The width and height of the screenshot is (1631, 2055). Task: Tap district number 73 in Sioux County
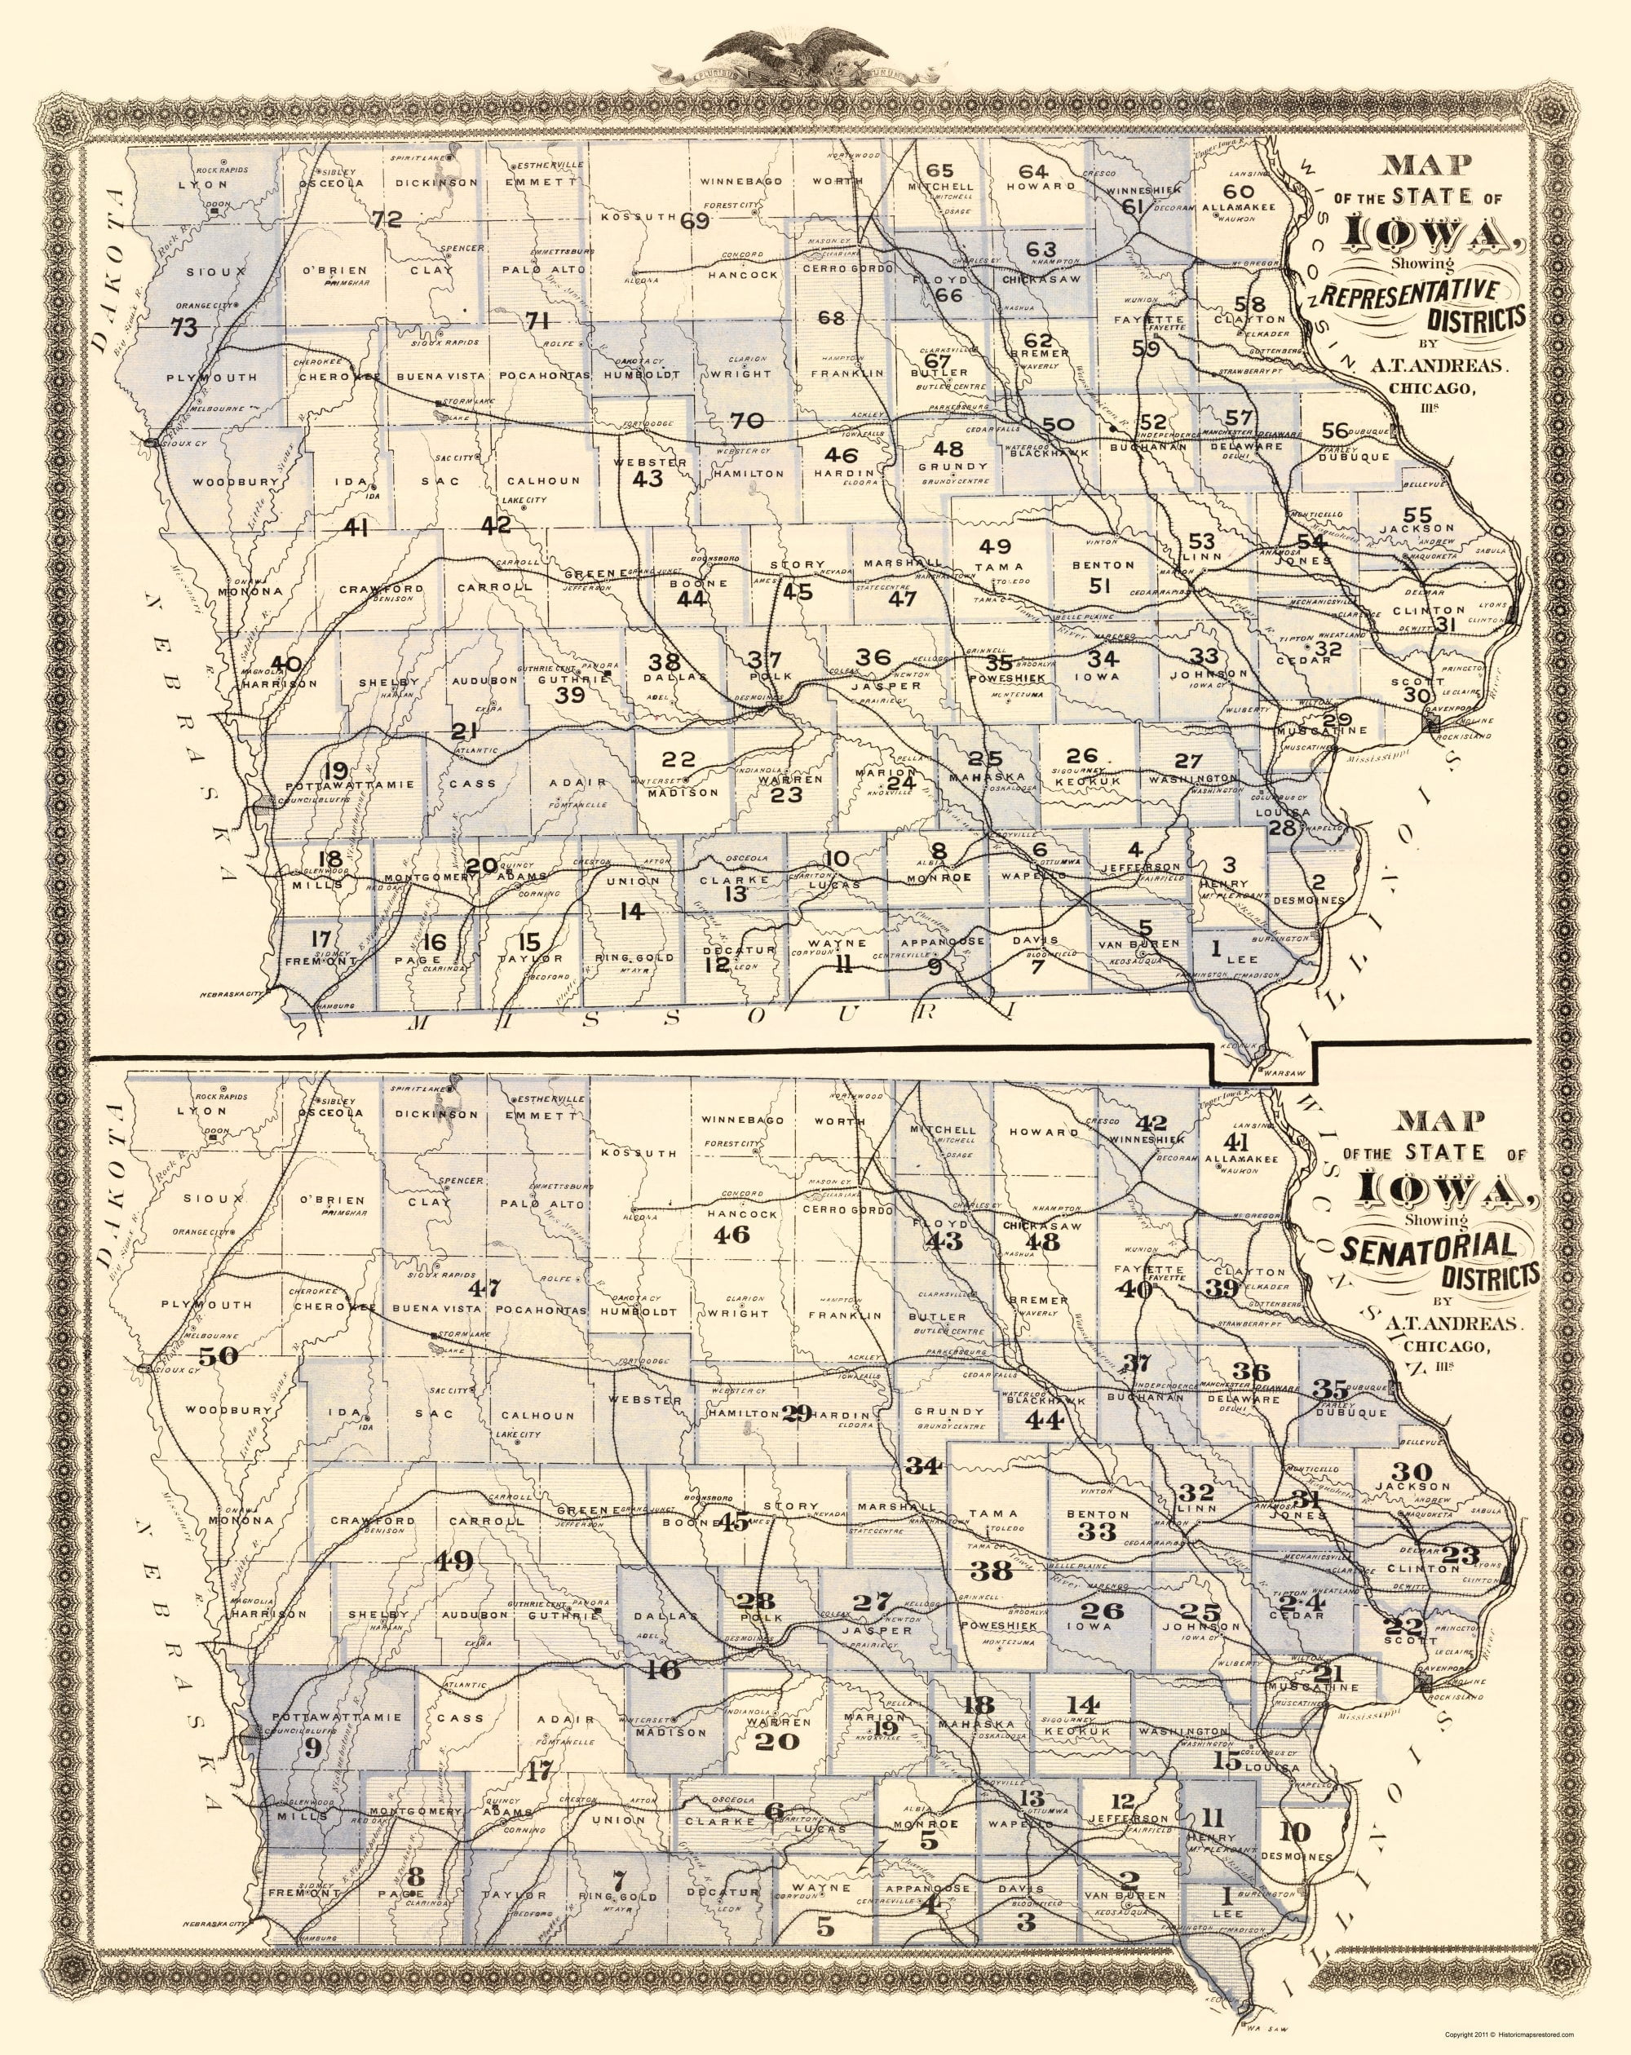[185, 328]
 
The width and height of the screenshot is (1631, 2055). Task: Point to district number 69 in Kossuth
[696, 222]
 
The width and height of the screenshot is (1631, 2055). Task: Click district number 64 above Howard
[1033, 171]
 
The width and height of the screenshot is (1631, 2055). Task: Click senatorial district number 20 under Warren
[778, 1743]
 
